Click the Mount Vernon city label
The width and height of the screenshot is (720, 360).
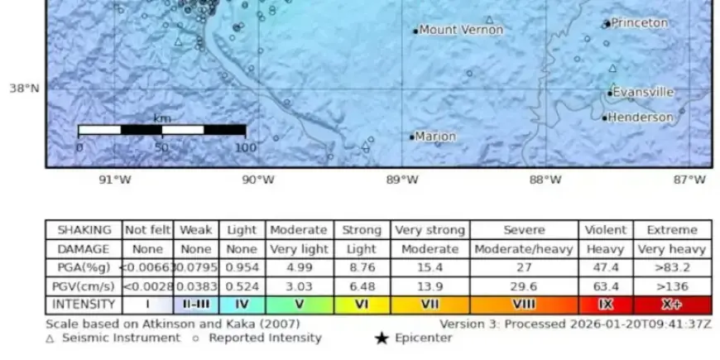click(x=461, y=30)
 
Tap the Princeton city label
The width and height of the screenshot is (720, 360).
click(x=639, y=23)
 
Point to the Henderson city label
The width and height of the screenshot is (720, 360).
click(x=641, y=118)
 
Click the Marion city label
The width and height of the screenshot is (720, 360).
click(x=435, y=137)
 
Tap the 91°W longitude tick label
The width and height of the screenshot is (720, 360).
click(x=115, y=180)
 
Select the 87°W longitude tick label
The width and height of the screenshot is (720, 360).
click(x=689, y=180)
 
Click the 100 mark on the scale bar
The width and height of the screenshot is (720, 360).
click(x=245, y=147)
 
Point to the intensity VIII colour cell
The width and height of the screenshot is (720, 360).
click(x=524, y=305)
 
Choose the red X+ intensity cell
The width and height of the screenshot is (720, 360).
click(x=672, y=305)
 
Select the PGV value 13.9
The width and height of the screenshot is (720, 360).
click(x=430, y=286)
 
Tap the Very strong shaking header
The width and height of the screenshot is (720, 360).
click(x=430, y=230)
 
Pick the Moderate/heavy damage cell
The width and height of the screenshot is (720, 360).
click(x=524, y=248)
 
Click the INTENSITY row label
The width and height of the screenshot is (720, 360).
click(x=84, y=305)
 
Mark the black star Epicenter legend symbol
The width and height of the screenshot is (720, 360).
click(x=381, y=338)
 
